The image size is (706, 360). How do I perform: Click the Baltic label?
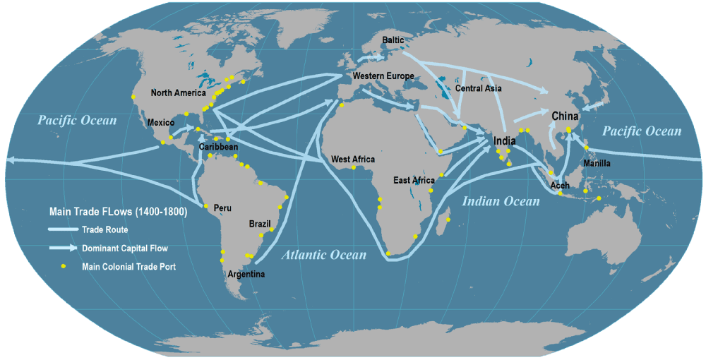(393, 40)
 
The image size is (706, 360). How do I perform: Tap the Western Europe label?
(383, 76)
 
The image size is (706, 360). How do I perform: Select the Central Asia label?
(479, 88)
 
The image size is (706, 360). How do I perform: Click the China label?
(566, 116)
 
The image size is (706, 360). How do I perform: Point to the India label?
(503, 140)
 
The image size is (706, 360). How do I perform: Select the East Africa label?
(414, 181)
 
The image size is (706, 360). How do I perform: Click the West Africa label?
(351, 159)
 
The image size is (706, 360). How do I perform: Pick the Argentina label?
(246, 274)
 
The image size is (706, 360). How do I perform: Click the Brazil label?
(260, 224)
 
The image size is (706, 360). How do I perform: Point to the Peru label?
(222, 208)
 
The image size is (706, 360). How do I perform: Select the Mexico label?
(161, 122)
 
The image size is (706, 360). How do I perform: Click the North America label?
(178, 92)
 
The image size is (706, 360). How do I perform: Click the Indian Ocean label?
(501, 201)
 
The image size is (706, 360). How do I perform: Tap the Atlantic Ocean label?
(324, 255)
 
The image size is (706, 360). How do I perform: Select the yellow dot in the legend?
(64, 266)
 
